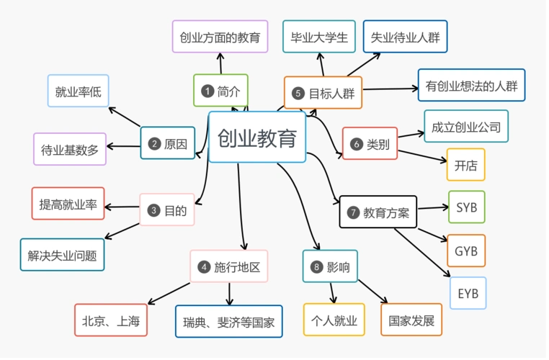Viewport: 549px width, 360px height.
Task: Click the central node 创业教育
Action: point(256,138)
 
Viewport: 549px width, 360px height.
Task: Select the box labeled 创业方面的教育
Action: point(220,37)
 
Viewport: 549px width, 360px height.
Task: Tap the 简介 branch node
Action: point(220,91)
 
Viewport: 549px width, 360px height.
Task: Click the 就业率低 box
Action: point(78,91)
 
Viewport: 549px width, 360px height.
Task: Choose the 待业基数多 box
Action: point(69,150)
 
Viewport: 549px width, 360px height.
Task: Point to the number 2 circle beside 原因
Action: point(153,143)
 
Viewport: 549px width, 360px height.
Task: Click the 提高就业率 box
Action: point(68,204)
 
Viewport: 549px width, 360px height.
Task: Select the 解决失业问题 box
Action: point(62,255)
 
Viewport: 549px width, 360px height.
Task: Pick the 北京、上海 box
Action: point(110,320)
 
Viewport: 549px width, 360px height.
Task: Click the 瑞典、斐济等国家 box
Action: point(228,322)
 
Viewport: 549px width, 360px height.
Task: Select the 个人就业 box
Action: point(334,320)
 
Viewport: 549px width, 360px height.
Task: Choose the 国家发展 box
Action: point(411,320)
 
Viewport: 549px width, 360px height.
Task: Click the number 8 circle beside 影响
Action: point(316,267)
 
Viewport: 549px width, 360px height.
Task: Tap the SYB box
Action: point(466,207)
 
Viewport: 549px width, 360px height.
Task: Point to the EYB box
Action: point(468,293)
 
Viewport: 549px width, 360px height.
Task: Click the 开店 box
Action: point(465,165)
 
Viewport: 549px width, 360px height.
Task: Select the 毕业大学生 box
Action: point(318,37)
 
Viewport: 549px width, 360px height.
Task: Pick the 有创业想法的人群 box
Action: point(471,86)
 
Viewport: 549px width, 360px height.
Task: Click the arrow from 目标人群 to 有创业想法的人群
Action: point(389,89)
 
